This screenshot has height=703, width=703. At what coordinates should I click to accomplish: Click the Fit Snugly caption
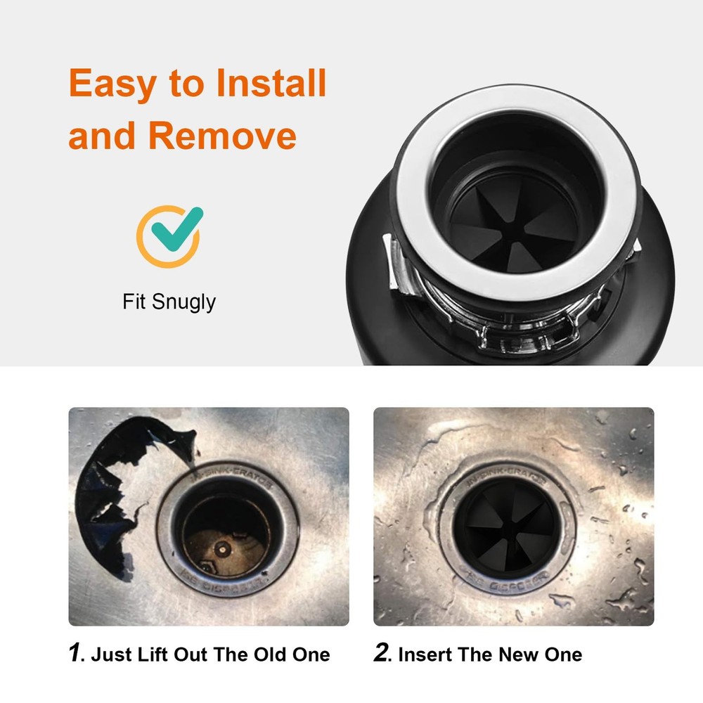(x=169, y=302)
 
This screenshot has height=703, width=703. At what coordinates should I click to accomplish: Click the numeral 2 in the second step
(x=381, y=653)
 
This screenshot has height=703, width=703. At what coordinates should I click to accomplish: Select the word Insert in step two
(x=425, y=654)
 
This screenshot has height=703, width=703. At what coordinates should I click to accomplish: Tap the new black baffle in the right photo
(x=508, y=526)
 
